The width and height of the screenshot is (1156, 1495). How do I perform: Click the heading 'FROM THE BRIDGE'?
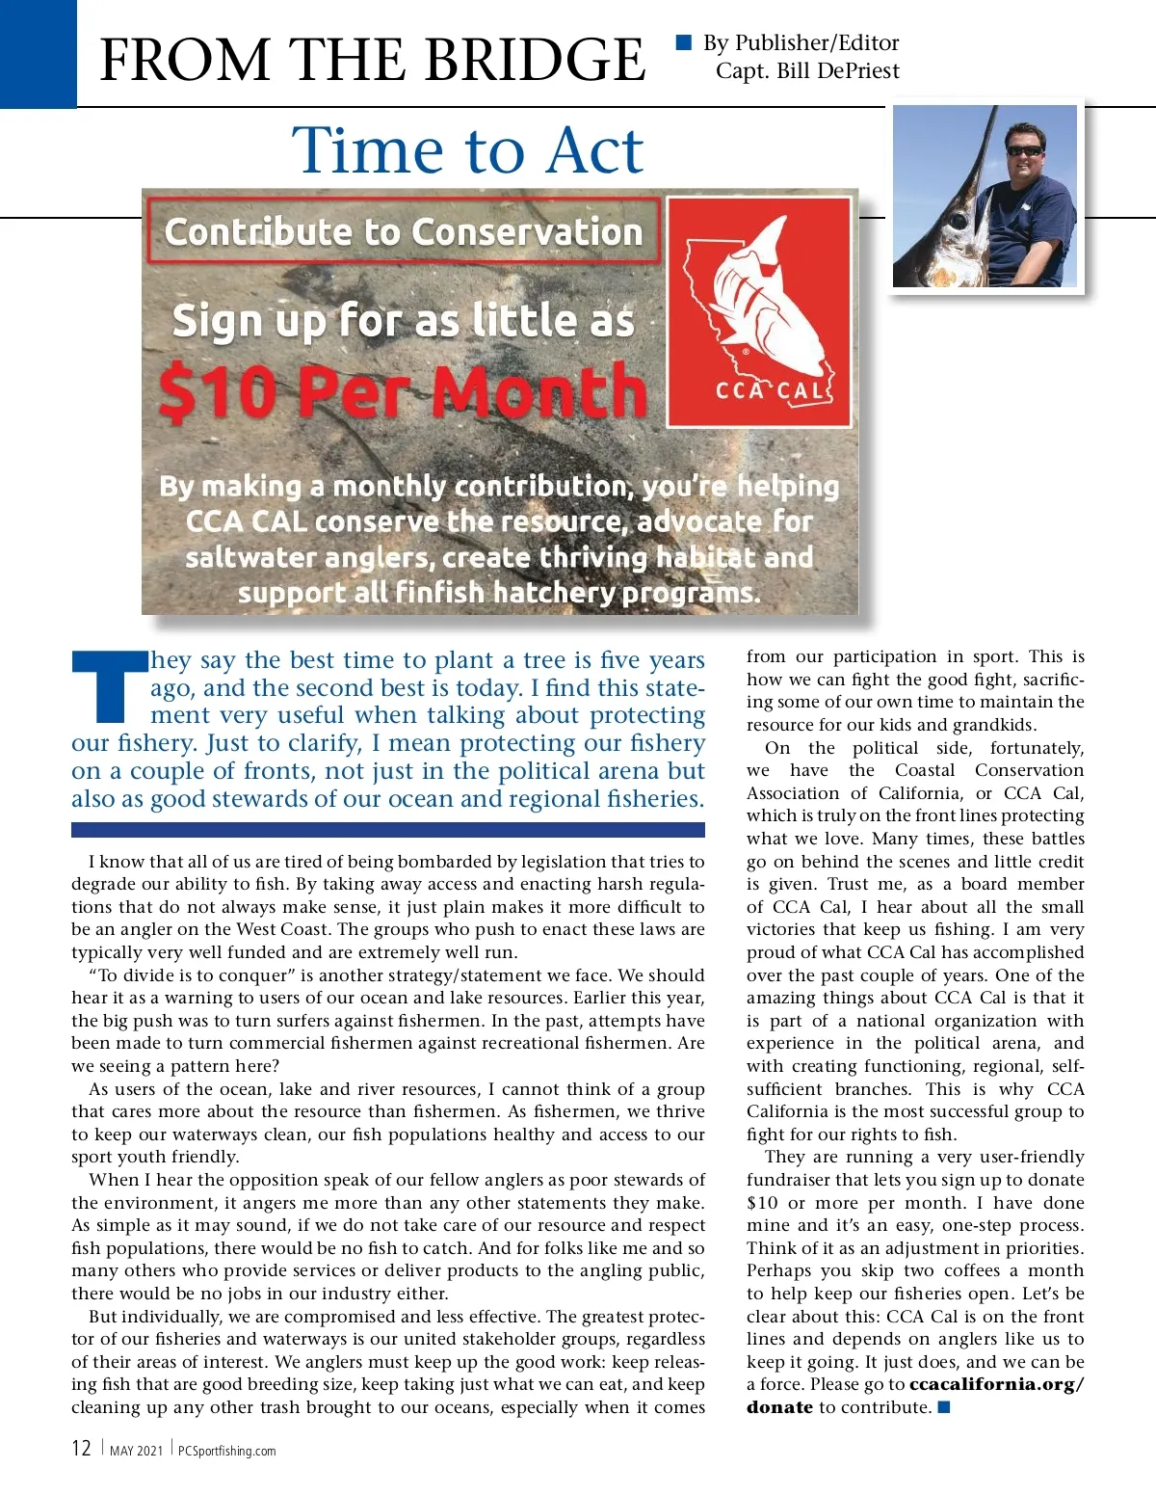373,60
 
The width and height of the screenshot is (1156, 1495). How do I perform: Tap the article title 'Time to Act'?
467,150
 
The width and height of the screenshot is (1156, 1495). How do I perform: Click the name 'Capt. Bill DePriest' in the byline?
807,71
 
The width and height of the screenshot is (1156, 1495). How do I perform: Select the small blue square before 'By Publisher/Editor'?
684,41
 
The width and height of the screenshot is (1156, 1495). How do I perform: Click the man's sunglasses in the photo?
1024,150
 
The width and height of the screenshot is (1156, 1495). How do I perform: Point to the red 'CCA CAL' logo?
760,311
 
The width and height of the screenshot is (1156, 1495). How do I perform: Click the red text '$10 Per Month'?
403,392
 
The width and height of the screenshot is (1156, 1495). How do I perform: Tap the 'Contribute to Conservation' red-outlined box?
404,231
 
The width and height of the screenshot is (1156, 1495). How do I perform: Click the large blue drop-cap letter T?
108,686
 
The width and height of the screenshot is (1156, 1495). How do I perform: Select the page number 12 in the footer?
81,1449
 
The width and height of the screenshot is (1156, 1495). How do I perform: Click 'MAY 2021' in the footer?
136,1451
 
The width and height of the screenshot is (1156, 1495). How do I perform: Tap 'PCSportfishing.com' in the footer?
227,1451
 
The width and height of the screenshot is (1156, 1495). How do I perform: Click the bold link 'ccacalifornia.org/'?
996,1384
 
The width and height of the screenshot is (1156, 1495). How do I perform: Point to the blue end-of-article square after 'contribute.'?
944,1407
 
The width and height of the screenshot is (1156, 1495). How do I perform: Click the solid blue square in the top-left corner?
38,53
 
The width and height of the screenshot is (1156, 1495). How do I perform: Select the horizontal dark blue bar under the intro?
387,830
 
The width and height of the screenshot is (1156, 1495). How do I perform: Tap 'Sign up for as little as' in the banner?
403,321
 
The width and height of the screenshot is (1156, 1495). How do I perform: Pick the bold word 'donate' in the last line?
779,1407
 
